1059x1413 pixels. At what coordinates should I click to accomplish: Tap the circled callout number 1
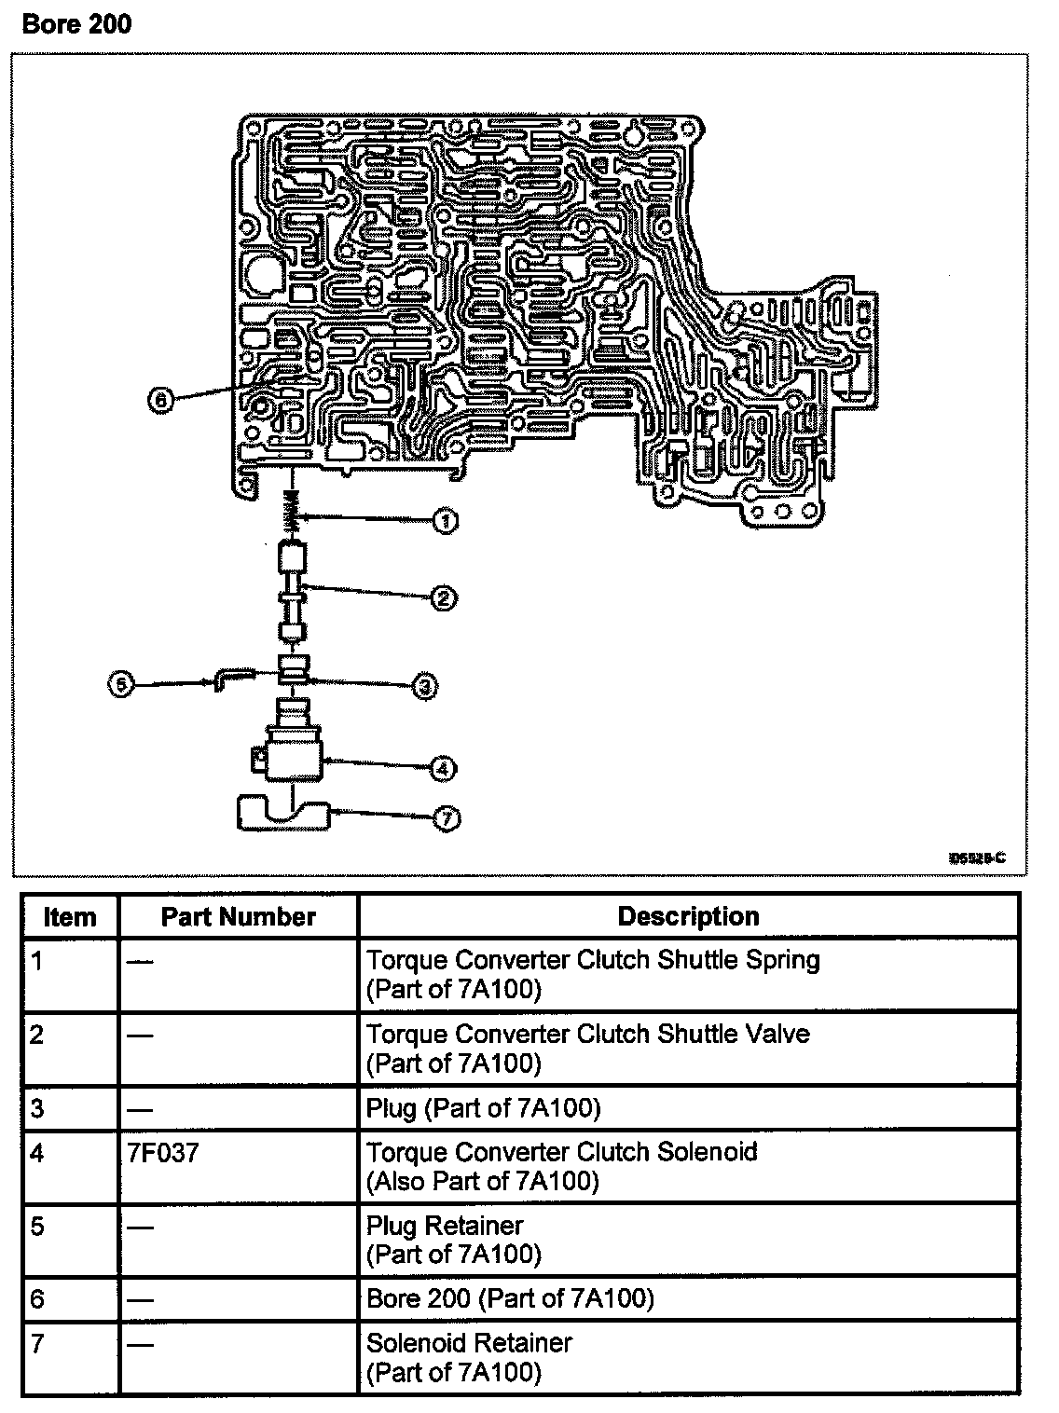(x=447, y=521)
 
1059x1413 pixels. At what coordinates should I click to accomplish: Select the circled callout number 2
(x=445, y=597)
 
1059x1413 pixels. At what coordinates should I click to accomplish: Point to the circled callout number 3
(x=424, y=687)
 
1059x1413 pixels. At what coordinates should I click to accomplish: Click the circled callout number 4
(x=443, y=769)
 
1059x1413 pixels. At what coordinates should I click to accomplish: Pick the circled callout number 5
(x=121, y=685)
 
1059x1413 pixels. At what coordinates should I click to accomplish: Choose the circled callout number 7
(x=447, y=818)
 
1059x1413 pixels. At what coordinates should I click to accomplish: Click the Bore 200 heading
(x=76, y=23)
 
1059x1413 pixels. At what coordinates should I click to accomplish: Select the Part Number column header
(x=239, y=916)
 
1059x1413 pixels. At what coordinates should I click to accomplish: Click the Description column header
(x=688, y=916)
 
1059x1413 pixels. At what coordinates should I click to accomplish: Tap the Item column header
(x=70, y=917)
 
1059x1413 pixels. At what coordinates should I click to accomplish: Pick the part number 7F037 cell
(x=163, y=1153)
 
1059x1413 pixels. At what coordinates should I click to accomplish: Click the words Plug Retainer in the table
(x=445, y=1225)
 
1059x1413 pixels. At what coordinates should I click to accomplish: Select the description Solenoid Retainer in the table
(x=469, y=1342)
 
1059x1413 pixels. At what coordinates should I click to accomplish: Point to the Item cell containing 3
(x=37, y=1108)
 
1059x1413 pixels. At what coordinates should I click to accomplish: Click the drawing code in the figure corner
(x=977, y=857)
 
